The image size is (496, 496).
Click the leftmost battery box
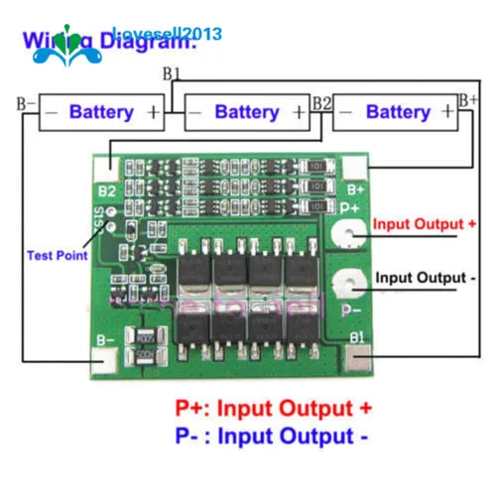pos(102,112)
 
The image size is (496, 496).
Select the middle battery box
pos(247,112)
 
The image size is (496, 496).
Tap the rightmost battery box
pos(396,112)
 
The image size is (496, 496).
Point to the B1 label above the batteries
pos(171,73)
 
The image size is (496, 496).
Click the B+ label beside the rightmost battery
pos(468,99)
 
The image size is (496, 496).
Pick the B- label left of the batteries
pos(25,102)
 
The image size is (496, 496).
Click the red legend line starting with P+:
pos(274,407)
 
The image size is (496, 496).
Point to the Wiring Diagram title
pos(109,42)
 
